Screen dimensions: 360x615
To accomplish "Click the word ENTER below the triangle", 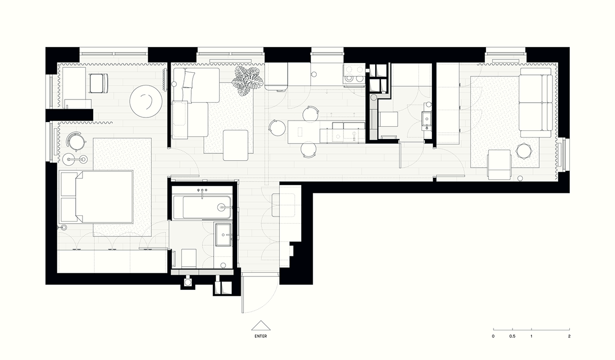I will [x=260, y=336].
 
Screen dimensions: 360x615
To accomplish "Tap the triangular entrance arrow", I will [x=260, y=326].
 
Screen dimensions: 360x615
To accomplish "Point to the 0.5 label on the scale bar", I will [x=512, y=336].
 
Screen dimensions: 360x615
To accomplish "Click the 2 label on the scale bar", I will [x=569, y=336].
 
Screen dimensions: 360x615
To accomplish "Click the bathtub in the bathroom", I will [x=201, y=207].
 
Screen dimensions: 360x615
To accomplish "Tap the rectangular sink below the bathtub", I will [x=223, y=235].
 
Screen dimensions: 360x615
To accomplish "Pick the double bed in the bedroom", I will [x=97, y=196].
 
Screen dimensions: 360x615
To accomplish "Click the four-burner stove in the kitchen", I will [x=353, y=73].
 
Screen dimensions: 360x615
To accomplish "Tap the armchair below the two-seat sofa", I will [x=499, y=164].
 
